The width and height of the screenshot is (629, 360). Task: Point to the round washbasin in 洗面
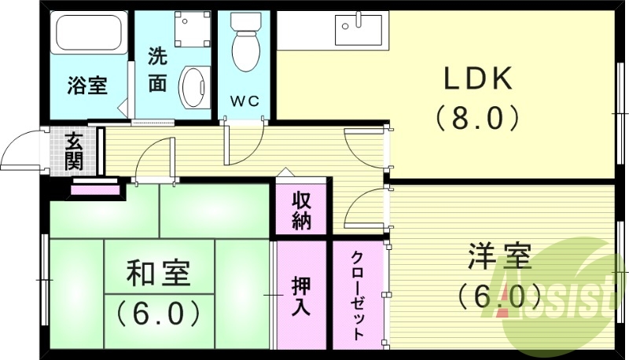click(x=193, y=86)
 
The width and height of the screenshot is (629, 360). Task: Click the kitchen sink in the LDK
click(x=359, y=29)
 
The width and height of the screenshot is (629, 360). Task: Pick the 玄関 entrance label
click(x=74, y=151)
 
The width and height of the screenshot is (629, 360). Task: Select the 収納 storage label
click(x=302, y=209)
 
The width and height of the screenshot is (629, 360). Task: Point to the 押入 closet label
click(x=300, y=295)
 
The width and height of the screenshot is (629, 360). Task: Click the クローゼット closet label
click(x=358, y=295)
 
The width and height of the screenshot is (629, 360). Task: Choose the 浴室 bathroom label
click(x=86, y=85)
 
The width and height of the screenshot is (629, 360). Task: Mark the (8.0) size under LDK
click(x=477, y=118)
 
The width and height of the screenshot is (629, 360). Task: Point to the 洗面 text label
click(x=157, y=70)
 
